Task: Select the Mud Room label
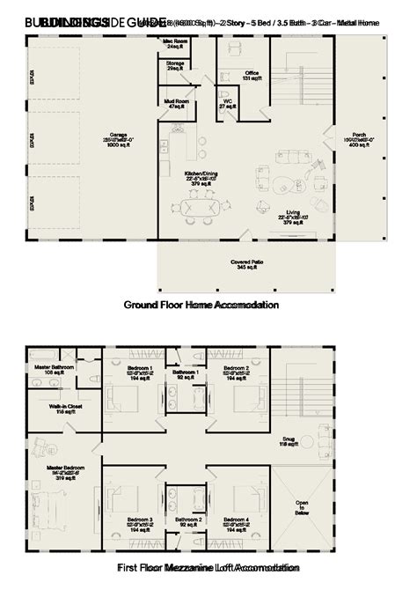click(175, 102)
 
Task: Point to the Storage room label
click(175, 66)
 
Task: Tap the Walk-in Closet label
click(51, 409)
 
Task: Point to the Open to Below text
click(302, 509)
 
